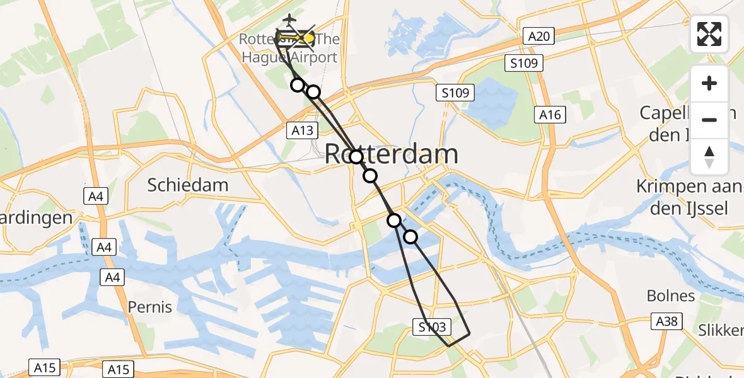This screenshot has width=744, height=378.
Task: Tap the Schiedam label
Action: (x=188, y=185)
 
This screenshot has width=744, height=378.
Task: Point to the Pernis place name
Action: (x=150, y=307)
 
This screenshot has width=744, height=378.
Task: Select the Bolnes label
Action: (x=671, y=296)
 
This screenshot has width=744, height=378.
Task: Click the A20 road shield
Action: (x=539, y=37)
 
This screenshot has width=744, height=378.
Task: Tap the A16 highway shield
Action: (x=550, y=115)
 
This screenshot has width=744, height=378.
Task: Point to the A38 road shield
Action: (x=666, y=322)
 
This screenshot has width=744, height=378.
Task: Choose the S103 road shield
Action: (x=433, y=327)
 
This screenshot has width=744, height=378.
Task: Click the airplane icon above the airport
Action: (x=289, y=19)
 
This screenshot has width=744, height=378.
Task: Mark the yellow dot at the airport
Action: (x=309, y=38)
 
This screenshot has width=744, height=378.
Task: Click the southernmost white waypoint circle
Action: (x=410, y=237)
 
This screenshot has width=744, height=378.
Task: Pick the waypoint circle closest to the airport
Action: (x=297, y=84)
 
